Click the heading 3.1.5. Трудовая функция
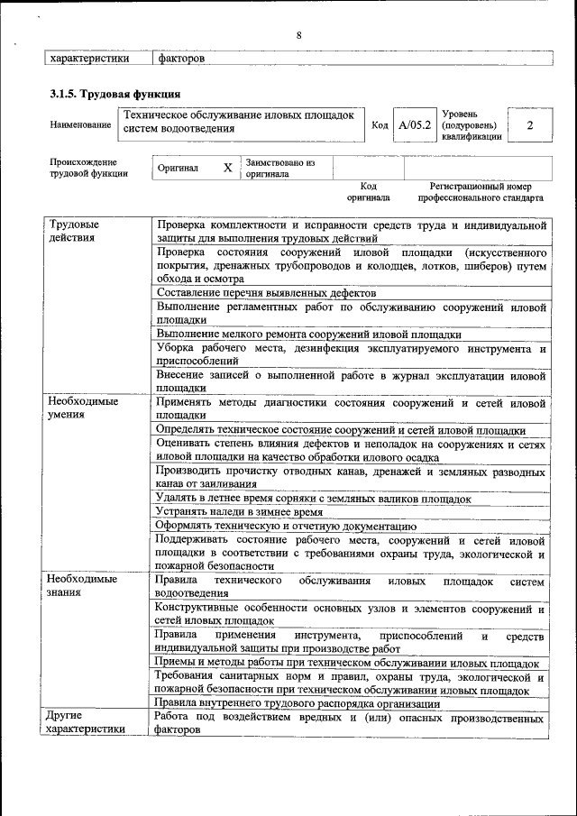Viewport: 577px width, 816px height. pos(114,94)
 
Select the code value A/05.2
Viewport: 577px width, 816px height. pos(415,125)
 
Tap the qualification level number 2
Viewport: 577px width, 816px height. pos(529,125)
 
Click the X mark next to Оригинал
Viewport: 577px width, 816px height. pos(227,168)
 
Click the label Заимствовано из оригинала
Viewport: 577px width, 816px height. pos(280,169)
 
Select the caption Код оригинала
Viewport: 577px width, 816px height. pos(368,191)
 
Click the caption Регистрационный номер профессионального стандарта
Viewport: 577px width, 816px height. pos(481,191)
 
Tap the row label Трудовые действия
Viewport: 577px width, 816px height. pos(74,231)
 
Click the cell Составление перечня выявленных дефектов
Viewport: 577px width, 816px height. pos(266,293)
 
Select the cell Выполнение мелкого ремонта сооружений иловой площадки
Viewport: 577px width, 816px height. pos(309,335)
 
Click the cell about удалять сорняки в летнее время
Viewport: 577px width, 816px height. pos(314,498)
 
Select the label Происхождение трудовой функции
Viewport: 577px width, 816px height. pos(89,168)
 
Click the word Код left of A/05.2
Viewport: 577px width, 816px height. pos(380,125)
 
